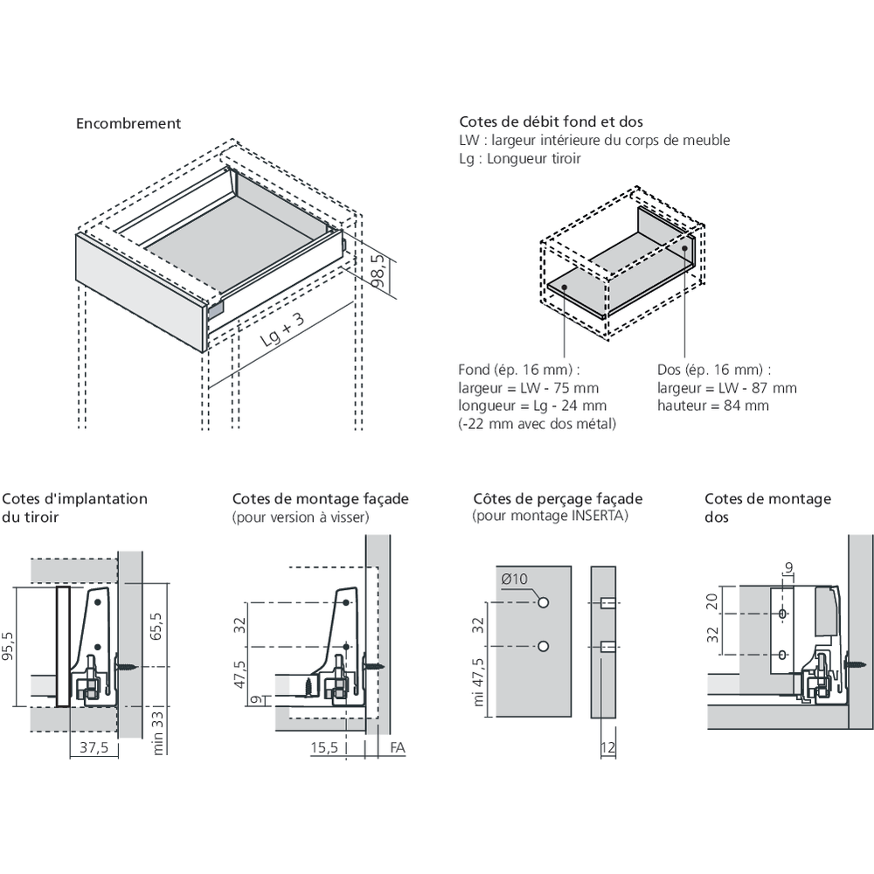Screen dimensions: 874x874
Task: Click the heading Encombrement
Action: click(128, 124)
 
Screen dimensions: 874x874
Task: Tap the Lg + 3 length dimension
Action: click(282, 329)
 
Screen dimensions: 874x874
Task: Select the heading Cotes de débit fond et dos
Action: click(551, 121)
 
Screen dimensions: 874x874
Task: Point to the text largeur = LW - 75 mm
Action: click(529, 388)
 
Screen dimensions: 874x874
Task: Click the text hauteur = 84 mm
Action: click(713, 406)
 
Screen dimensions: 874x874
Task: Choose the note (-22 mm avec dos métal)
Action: click(538, 424)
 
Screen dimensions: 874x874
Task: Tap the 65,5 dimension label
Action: click(156, 626)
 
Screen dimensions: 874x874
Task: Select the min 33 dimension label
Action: click(157, 732)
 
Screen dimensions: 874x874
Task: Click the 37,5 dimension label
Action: click(94, 747)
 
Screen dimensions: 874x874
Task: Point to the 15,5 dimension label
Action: click(324, 747)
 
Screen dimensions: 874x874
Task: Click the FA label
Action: click(398, 747)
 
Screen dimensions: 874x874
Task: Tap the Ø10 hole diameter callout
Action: click(514, 579)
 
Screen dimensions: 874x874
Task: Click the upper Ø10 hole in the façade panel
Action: click(544, 602)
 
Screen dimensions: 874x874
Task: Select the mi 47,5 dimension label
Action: click(479, 682)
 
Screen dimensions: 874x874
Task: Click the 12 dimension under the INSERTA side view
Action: click(608, 747)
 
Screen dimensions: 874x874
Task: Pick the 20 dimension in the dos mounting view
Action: click(712, 601)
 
